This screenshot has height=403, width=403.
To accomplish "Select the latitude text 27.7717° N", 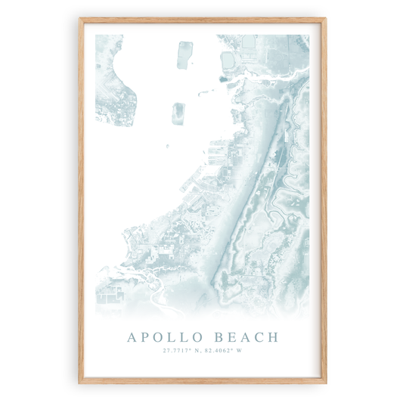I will click(x=181, y=350).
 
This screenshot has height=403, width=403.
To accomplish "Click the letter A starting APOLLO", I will click(x=132, y=336).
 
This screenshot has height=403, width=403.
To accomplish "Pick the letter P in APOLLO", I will click(x=145, y=336).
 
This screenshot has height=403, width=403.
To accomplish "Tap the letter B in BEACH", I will click(x=217, y=336).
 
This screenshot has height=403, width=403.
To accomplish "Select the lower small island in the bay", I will click(x=179, y=113).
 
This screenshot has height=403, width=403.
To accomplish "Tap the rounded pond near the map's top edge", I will click(x=228, y=59).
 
